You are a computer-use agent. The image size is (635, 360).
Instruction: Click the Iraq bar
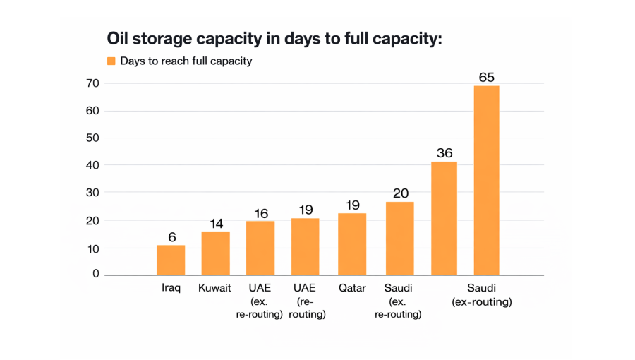pos(171,260)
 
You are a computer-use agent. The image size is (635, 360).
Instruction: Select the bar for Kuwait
pos(215,253)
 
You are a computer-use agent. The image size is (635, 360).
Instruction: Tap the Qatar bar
pos(352,244)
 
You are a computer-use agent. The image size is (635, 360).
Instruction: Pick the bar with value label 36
pos(444,218)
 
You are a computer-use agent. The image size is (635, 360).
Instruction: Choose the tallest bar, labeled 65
pos(486,180)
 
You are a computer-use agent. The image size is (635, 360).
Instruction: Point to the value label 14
pos(216,224)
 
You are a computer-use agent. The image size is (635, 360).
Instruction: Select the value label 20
pos(400,193)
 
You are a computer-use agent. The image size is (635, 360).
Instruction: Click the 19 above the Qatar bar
pos(352,205)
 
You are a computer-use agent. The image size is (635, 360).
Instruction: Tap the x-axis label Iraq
pos(171,288)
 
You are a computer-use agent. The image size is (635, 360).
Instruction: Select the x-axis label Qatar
pos(352,288)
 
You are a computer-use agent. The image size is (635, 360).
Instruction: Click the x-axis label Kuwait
pos(215,288)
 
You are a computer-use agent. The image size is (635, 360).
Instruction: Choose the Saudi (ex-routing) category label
pos(482,294)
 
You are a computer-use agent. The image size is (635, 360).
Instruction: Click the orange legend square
pos(111,61)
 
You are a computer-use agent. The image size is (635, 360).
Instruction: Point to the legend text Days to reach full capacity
pos(186,61)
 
